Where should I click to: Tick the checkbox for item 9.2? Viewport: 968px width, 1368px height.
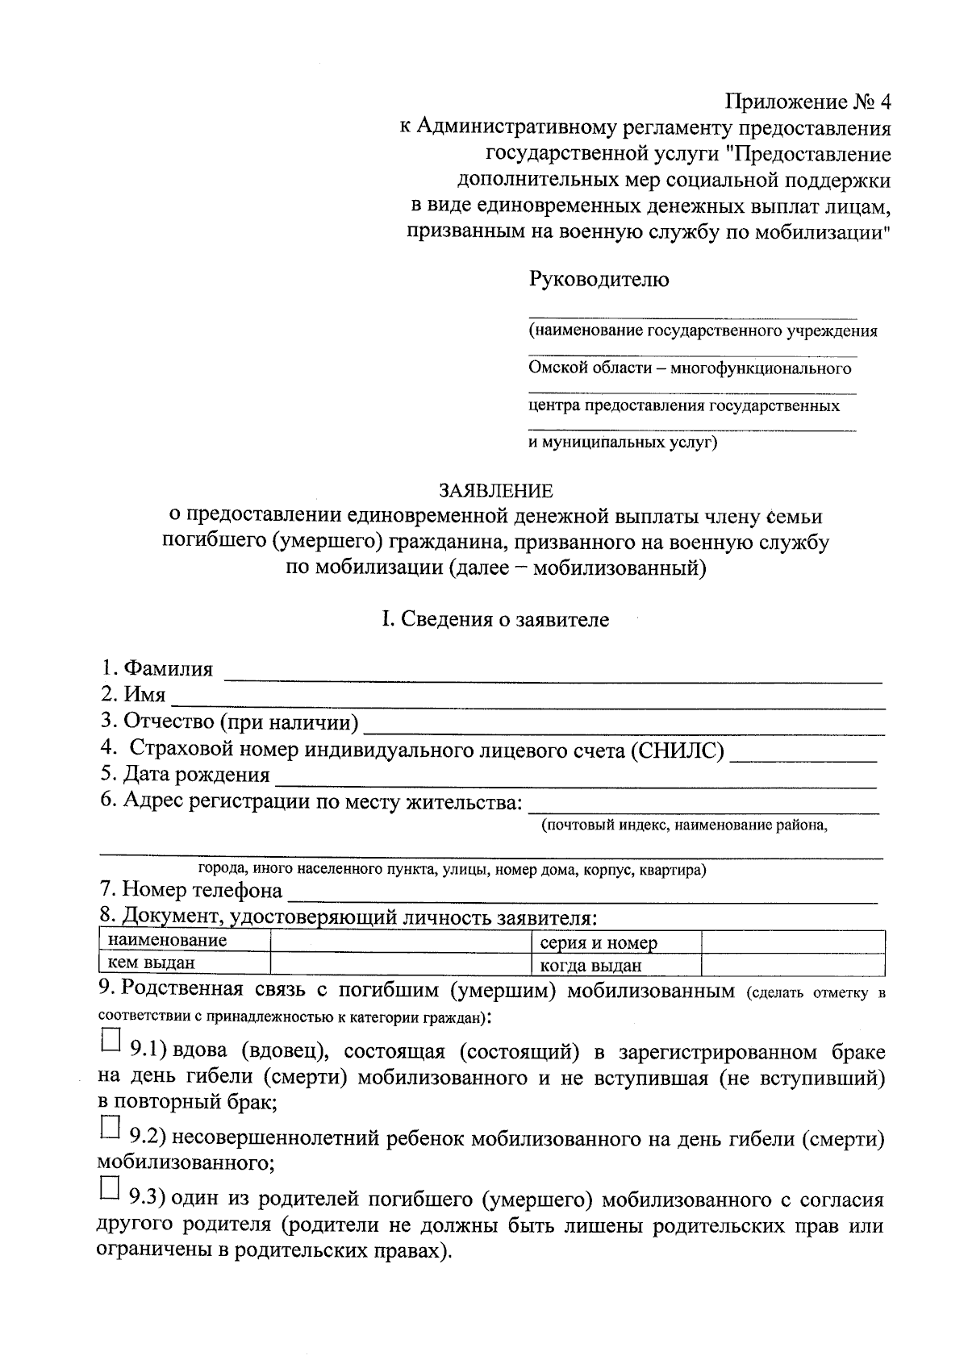(110, 1126)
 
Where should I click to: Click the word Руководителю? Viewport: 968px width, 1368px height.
(599, 280)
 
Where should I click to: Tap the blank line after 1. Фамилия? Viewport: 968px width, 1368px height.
(552, 677)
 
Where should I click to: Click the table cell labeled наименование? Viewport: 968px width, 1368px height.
(184, 941)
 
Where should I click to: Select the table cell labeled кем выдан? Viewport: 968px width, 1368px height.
(184, 963)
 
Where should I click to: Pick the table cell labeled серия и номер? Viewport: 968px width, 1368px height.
(615, 942)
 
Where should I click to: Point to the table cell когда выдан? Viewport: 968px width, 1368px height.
(615, 965)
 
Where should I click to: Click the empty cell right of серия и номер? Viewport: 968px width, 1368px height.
(792, 942)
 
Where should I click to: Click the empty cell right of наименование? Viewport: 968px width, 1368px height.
(399, 941)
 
